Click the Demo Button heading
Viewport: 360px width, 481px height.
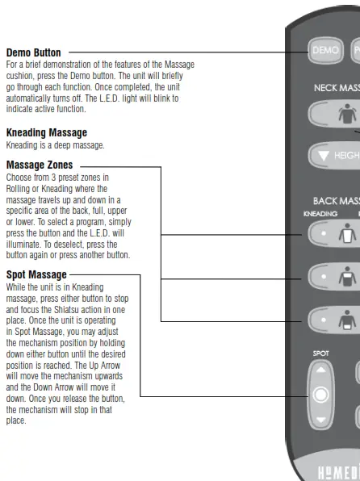pos(33,53)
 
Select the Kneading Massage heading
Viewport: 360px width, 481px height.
pos(47,132)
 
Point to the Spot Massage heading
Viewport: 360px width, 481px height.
pos(36,275)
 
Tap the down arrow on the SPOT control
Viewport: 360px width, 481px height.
pos(322,420)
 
